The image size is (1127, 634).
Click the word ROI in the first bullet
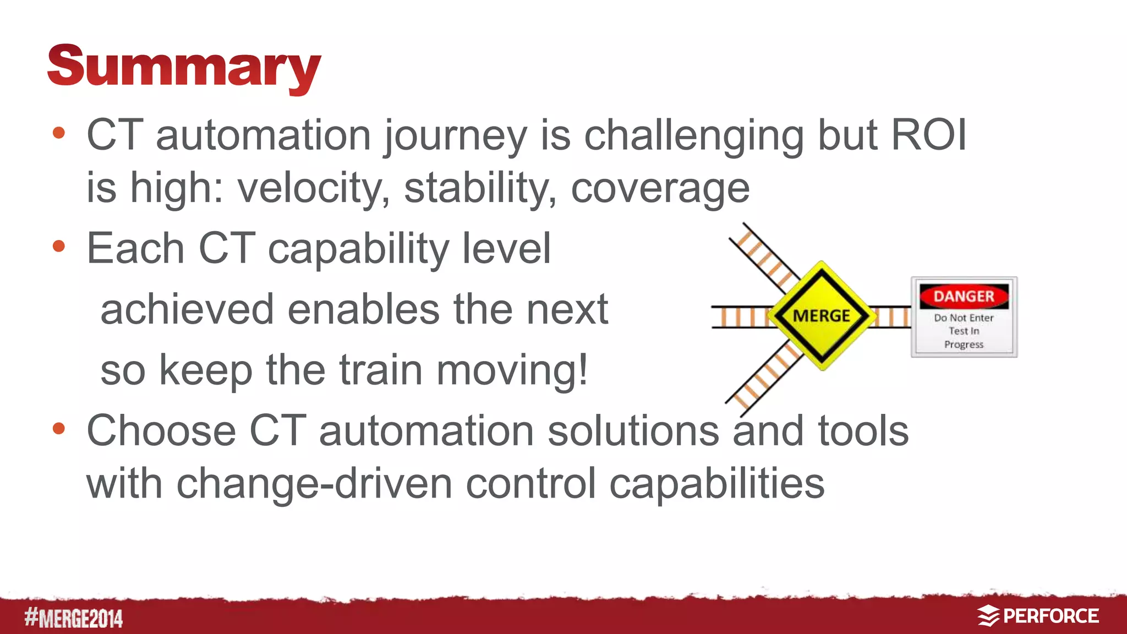point(928,135)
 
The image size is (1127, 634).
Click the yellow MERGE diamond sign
point(822,316)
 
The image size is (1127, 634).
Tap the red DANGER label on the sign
point(964,297)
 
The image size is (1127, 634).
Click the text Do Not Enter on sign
point(964,318)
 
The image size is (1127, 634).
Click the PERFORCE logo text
point(1051,616)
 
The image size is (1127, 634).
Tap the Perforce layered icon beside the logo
point(988,616)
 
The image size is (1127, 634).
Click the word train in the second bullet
point(381,370)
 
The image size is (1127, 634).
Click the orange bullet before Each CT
point(59,246)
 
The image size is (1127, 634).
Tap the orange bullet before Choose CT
point(59,428)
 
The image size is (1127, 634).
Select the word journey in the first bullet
point(455,136)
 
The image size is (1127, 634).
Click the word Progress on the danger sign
point(964,345)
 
